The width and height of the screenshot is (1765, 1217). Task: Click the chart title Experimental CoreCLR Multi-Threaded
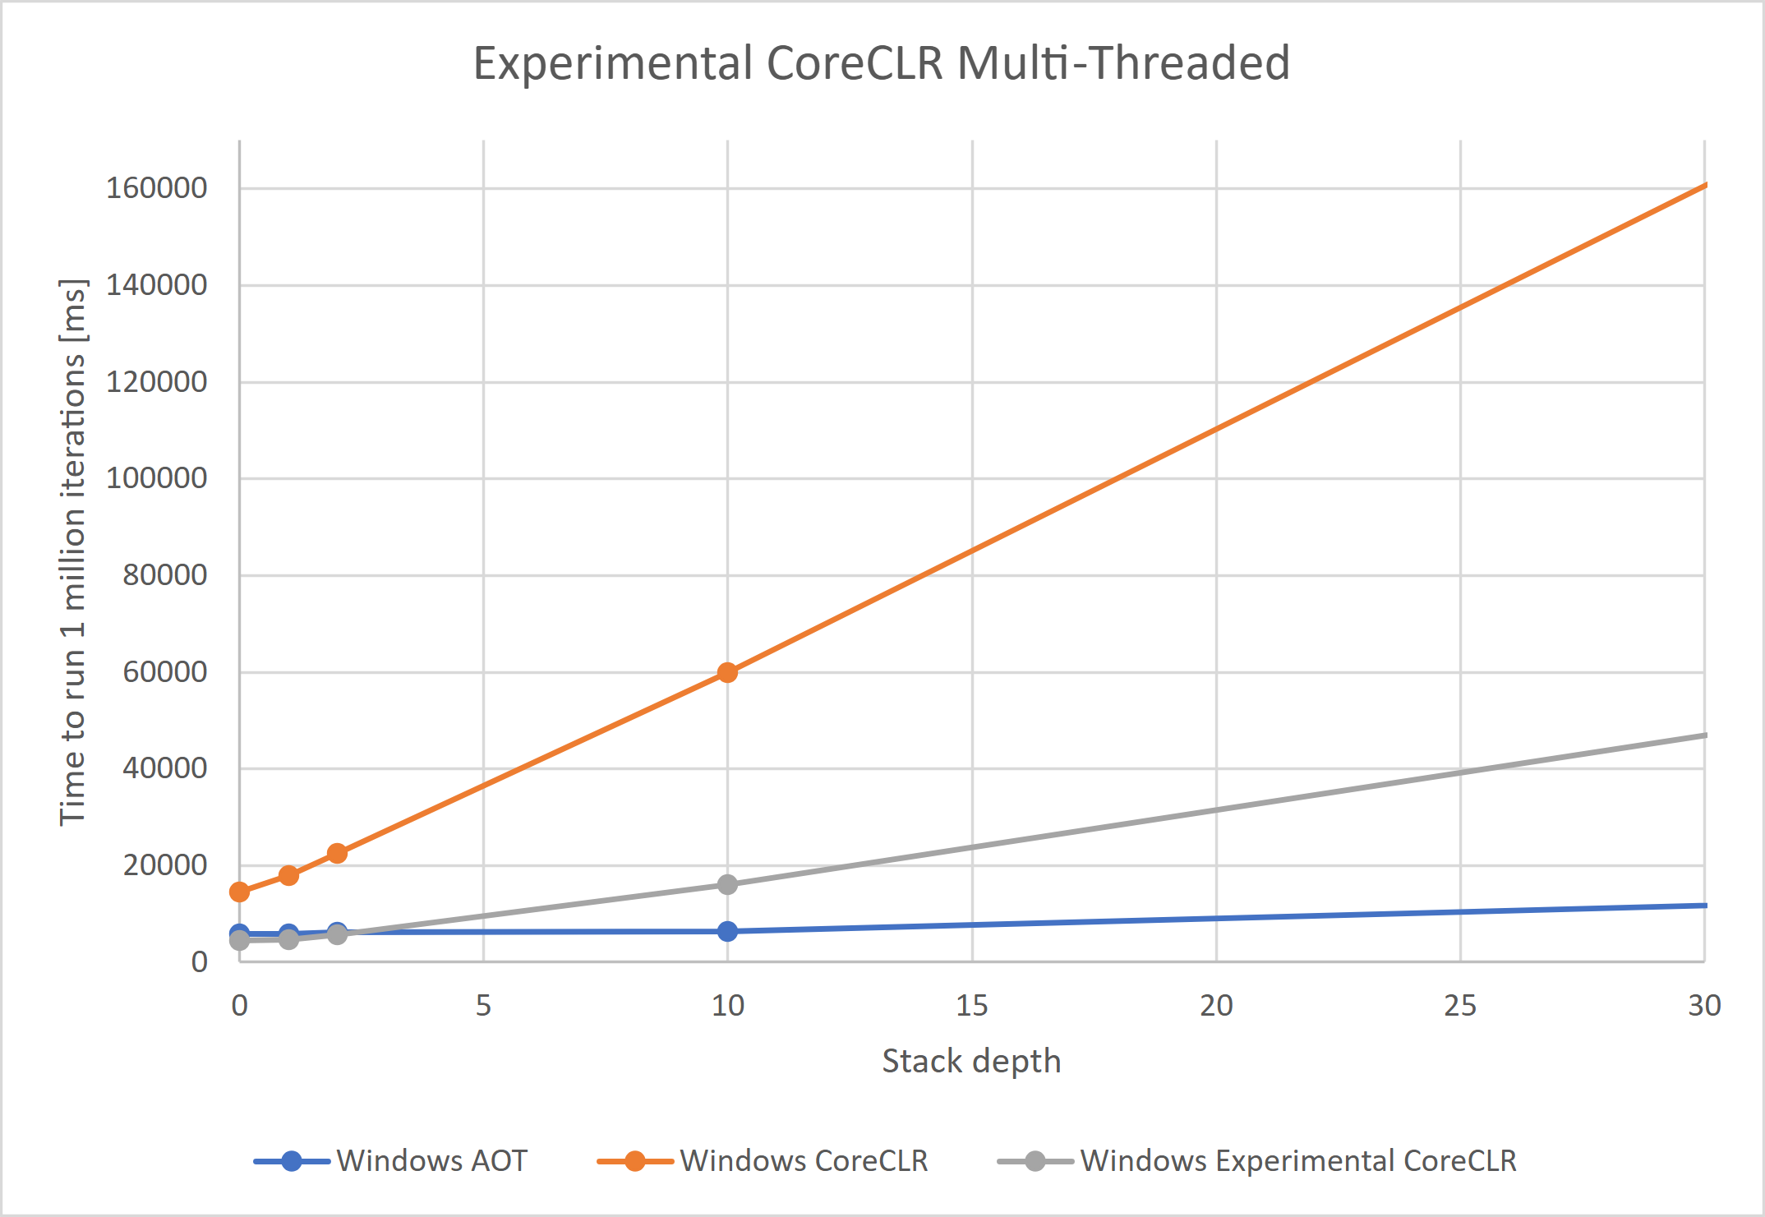click(x=882, y=63)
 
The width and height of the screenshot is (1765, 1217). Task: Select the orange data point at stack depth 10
click(x=727, y=672)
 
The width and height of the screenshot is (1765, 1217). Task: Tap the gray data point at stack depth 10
click(x=727, y=884)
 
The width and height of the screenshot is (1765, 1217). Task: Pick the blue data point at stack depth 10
click(x=727, y=931)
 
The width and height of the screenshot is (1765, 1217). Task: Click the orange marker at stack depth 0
click(x=239, y=892)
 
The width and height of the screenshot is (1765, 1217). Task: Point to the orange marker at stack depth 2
click(x=337, y=853)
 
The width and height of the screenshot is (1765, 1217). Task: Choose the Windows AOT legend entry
click(x=391, y=1161)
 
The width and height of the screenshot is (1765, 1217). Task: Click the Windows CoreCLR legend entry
click(x=763, y=1161)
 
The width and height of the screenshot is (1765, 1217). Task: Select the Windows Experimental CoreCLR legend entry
click(x=1257, y=1161)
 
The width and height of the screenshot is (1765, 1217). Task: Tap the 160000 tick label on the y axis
click(x=156, y=188)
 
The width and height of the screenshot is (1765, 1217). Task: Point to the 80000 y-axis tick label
click(x=164, y=575)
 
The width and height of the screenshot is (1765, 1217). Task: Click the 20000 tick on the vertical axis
click(x=164, y=865)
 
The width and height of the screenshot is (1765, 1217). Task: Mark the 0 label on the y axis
click(x=199, y=962)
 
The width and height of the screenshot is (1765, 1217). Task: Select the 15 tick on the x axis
click(x=971, y=1006)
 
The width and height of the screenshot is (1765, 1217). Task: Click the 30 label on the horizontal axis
click(x=1704, y=1006)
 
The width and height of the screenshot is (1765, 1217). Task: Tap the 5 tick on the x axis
click(x=483, y=1006)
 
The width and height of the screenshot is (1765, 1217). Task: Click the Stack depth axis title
click(x=971, y=1061)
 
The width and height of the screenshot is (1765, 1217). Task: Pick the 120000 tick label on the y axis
click(x=156, y=382)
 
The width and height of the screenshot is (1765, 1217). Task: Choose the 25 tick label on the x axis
click(x=1460, y=1006)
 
